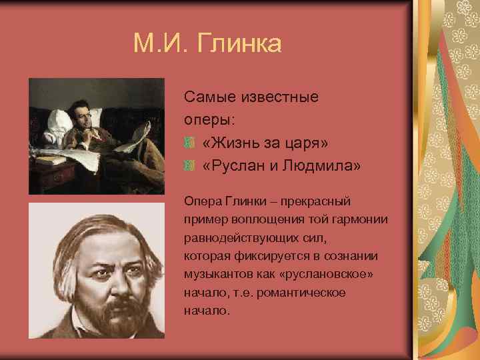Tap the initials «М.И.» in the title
(161, 44)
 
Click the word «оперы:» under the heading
(210, 120)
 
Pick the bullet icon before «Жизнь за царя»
(190, 143)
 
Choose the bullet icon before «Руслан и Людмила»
(190, 165)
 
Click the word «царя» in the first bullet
(309, 143)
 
